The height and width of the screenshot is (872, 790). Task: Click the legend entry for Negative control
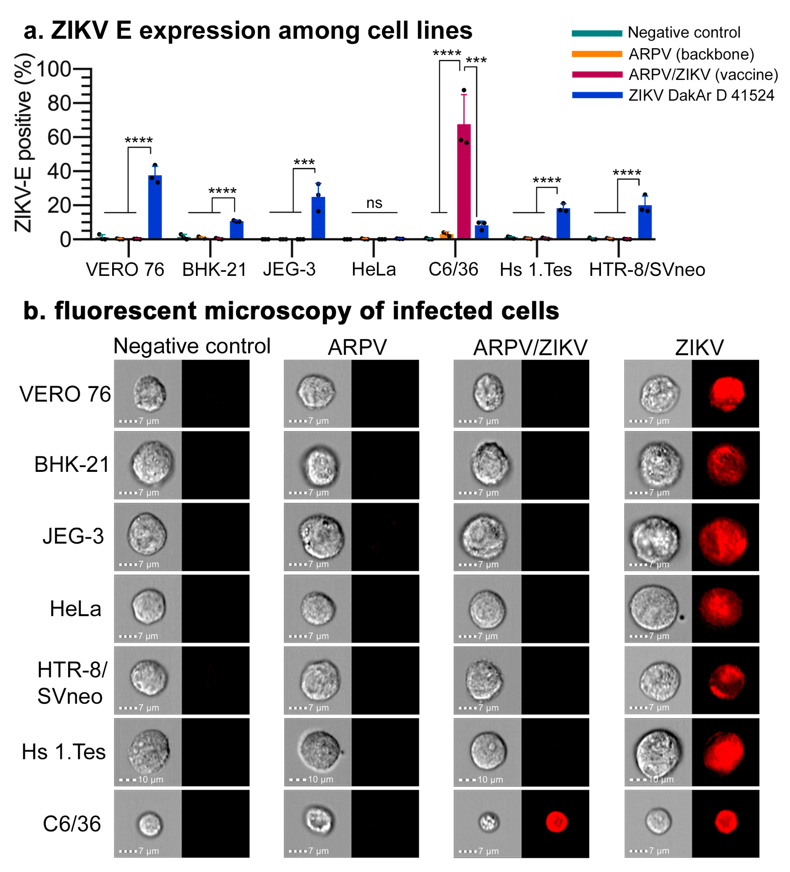[684, 33]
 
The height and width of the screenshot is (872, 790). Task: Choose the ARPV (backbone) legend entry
[691, 54]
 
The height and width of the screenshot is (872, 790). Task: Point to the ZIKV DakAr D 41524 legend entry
[701, 95]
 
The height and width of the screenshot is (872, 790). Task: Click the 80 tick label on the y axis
[59, 104]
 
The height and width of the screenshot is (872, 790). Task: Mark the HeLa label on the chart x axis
[374, 269]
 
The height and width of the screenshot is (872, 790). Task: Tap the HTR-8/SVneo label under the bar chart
[646, 269]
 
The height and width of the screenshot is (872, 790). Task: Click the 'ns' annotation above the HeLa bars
[374, 203]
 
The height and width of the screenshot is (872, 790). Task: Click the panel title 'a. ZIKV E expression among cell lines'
[248, 31]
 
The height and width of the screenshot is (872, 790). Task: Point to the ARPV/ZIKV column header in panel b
[530, 347]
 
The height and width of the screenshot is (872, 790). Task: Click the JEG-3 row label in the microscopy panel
[73, 536]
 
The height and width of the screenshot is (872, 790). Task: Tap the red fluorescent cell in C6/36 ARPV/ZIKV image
[556, 821]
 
